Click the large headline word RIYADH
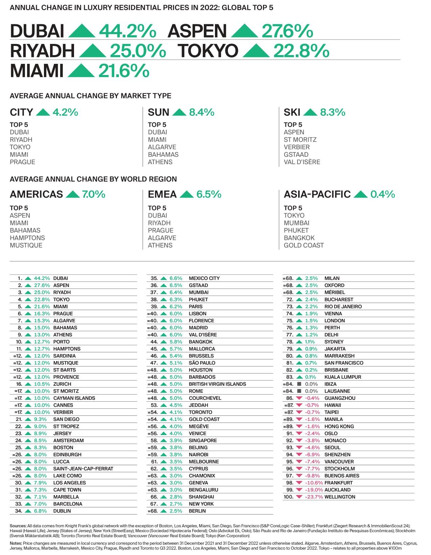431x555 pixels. click(42, 51)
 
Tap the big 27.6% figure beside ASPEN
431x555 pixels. click(287, 31)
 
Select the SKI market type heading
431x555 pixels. click(292, 112)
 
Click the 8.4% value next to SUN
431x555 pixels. click(201, 112)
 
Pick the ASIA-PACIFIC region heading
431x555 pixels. click(317, 194)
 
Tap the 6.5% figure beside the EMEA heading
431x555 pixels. click(209, 194)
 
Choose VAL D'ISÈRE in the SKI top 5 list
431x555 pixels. click(302, 162)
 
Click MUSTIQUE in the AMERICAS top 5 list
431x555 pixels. click(26, 245)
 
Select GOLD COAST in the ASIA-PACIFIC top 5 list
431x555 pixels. click(304, 245)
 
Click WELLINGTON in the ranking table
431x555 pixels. click(340, 497)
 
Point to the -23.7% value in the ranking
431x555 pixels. click(314, 497)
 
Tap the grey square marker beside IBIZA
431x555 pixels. click(299, 384)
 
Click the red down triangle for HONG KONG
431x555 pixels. click(299, 426)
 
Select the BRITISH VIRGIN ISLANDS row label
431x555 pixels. click(217, 384)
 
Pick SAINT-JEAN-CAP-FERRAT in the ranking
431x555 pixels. click(83, 469)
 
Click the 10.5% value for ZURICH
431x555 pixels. click(42, 384)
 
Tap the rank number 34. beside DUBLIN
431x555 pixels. click(19, 511)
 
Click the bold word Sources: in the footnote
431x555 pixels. click(18, 526)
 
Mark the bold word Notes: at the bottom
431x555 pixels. click(16, 543)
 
